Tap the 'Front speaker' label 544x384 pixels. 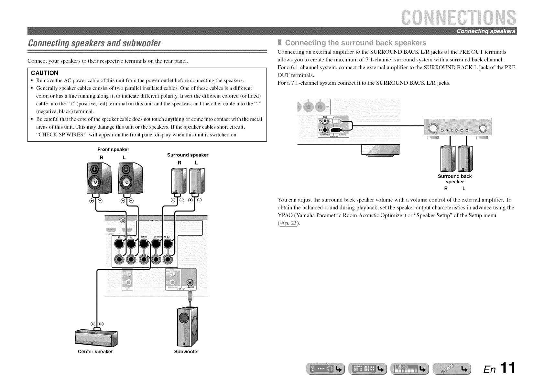click(x=113, y=149)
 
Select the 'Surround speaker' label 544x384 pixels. click(x=188, y=155)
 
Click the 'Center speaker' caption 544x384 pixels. click(x=95, y=352)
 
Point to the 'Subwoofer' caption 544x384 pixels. click(x=187, y=352)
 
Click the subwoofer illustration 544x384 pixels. click(x=187, y=326)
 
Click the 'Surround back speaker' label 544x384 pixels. click(x=454, y=179)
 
